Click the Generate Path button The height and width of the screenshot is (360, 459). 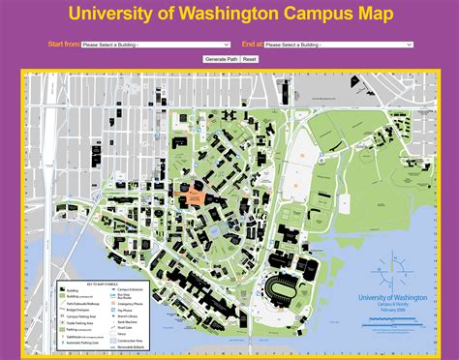click(x=220, y=59)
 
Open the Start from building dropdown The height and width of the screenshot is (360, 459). click(x=155, y=45)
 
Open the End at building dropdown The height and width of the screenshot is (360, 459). click(x=338, y=45)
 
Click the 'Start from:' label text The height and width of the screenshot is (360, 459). click(x=63, y=45)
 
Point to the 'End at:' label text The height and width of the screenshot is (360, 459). click(x=251, y=45)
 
